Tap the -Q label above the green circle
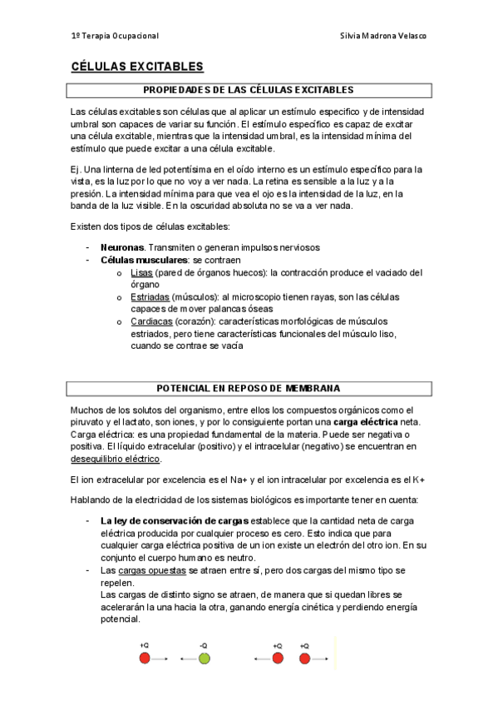click(x=204, y=645)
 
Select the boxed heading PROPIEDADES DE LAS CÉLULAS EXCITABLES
click(x=249, y=89)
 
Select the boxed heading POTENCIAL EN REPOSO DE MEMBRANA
click(x=249, y=388)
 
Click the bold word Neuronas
click(x=122, y=247)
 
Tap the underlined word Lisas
click(x=141, y=271)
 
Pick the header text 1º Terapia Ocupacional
click(x=115, y=36)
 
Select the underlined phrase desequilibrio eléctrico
click(x=116, y=459)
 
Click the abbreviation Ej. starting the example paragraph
click(x=76, y=169)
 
